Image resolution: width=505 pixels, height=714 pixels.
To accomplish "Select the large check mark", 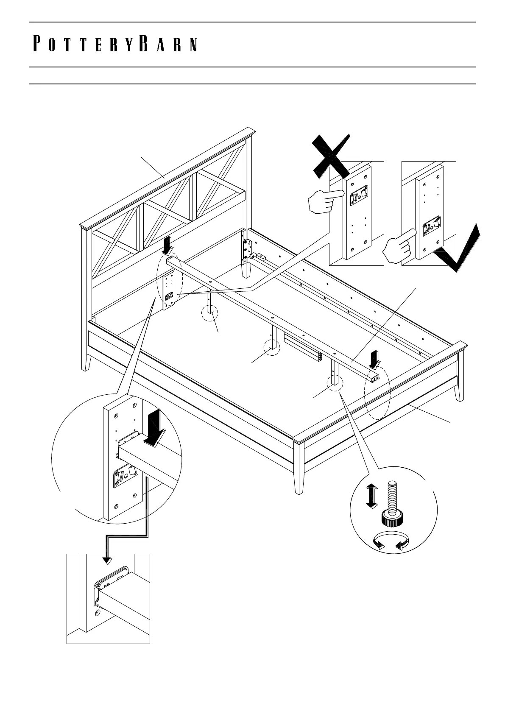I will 460,250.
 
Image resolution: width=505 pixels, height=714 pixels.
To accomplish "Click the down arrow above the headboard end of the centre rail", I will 168,245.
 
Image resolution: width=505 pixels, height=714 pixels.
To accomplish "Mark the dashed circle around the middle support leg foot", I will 272,347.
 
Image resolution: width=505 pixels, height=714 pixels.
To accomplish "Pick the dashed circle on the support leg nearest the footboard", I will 335,380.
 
